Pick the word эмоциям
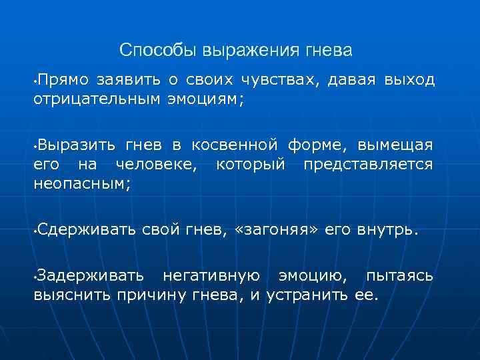[x=205, y=99]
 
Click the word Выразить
[x=70, y=145]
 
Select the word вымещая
[x=395, y=145]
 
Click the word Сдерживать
[x=87, y=230]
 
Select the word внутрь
[x=387, y=230]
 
